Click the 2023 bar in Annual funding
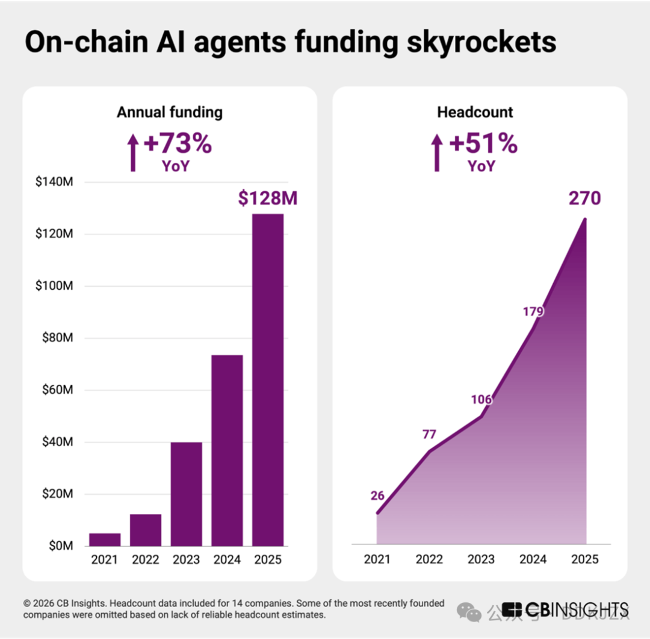coord(186,494)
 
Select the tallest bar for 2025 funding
coord(268,380)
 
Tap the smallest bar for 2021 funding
coord(105,539)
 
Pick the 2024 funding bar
coord(227,450)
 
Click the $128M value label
coord(268,198)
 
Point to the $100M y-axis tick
coord(55,286)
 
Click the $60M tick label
coord(58,390)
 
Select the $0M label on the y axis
coord(60,546)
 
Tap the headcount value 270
coord(584,198)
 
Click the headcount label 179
coord(533,311)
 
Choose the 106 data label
coord(481,400)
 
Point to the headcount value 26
coord(377,496)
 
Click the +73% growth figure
coord(178,144)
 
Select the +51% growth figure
coord(483,144)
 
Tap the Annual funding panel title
coord(170,112)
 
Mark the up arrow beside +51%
coord(438,153)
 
